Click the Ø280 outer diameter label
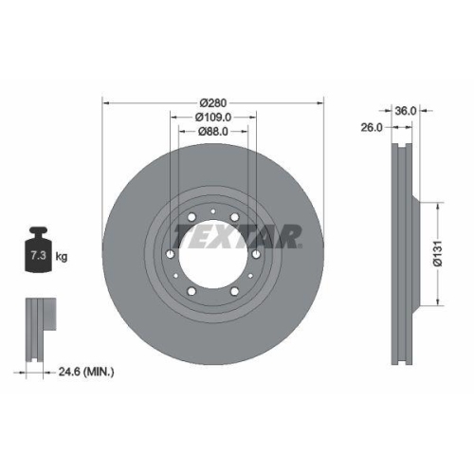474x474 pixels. point(213,103)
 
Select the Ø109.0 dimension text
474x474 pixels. point(213,118)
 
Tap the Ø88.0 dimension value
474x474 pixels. point(213,132)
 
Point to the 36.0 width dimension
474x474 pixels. point(406,110)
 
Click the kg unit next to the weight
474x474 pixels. point(62,257)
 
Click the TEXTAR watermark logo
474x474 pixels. point(237,235)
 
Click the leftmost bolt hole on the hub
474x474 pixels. point(172,254)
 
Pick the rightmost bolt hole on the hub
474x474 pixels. point(255,254)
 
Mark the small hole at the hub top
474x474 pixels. point(213,212)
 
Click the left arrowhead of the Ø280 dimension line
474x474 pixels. point(104,103)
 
